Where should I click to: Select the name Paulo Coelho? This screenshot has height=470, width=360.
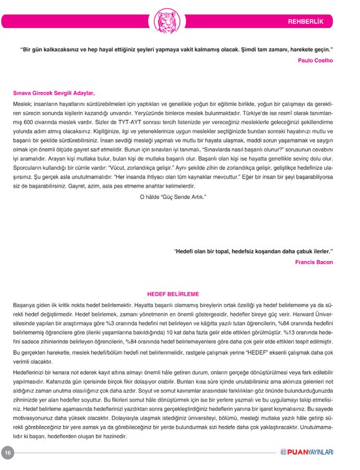[315, 60]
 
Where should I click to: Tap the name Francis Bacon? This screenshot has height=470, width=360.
[314, 262]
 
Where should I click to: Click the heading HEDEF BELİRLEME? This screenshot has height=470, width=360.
[173, 295]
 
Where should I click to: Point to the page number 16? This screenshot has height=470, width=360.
[8, 453]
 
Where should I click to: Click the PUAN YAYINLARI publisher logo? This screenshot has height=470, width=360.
[307, 452]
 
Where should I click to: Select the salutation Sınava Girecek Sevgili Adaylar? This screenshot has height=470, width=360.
[54, 93]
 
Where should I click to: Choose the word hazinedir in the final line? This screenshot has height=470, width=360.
[113, 436]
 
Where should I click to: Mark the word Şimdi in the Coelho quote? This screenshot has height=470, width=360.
[251, 50]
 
